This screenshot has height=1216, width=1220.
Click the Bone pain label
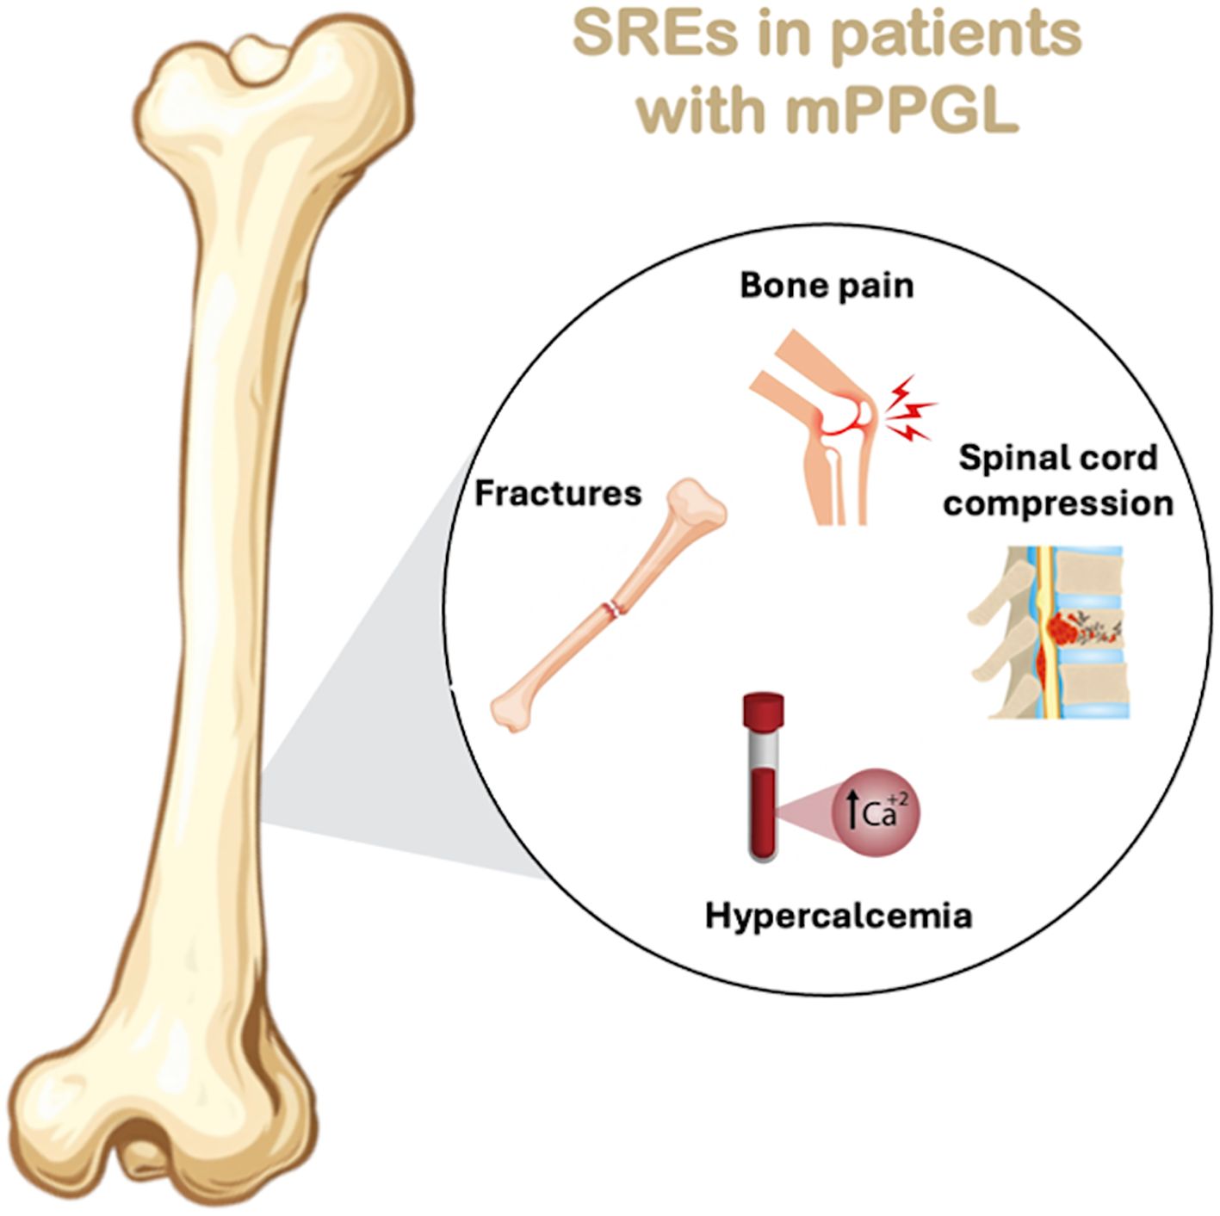(x=827, y=286)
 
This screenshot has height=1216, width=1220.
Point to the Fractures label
(x=558, y=494)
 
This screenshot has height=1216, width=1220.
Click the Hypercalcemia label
(x=838, y=915)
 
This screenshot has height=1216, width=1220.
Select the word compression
(x=1057, y=503)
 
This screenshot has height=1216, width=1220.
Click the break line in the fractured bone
(x=613, y=608)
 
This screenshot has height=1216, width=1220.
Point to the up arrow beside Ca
(x=852, y=814)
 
